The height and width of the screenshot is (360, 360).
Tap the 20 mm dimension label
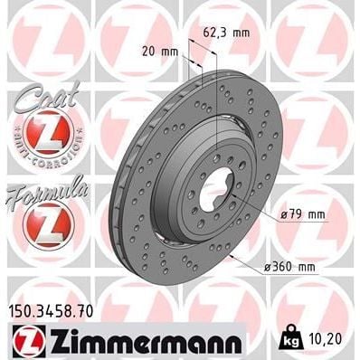158,51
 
